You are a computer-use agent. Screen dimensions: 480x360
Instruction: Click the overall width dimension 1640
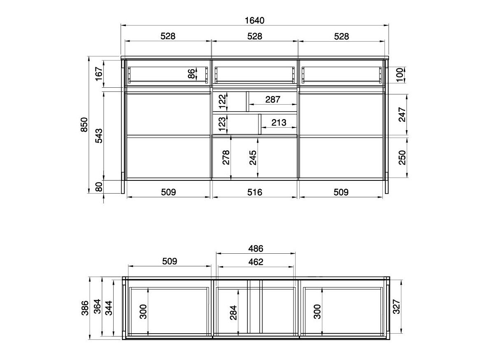(x=254, y=20)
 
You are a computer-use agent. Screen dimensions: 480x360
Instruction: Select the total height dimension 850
(x=84, y=125)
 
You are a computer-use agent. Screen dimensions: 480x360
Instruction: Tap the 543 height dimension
(x=99, y=136)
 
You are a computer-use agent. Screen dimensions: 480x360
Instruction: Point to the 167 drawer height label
(x=99, y=74)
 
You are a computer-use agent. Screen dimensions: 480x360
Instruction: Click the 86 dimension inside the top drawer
(x=191, y=74)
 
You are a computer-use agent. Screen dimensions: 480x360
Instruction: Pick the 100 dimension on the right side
(x=400, y=75)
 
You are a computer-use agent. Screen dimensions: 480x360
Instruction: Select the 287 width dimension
(x=273, y=99)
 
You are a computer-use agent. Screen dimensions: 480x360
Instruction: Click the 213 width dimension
(x=279, y=123)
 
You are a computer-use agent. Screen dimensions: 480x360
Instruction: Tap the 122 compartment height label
(x=222, y=102)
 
